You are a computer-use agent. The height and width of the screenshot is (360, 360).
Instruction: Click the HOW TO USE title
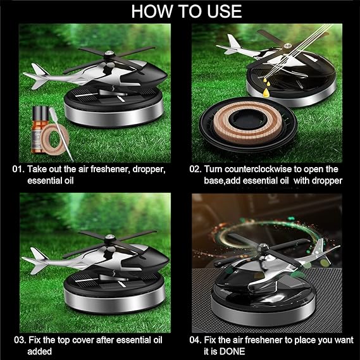tap(180, 11)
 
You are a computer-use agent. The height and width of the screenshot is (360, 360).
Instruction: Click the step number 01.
tap(18, 169)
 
